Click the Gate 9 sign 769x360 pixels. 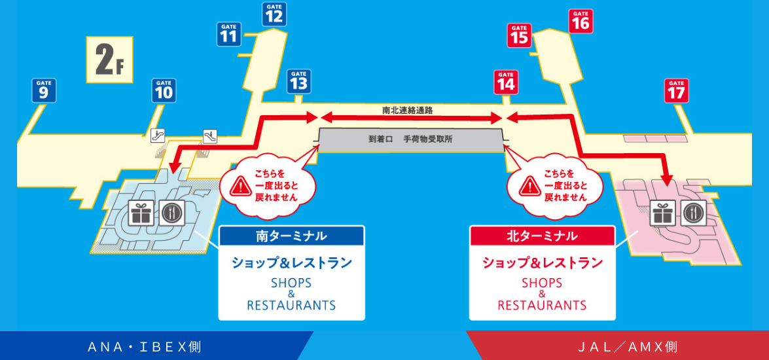coord(44,90)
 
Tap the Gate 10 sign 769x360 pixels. coord(164,90)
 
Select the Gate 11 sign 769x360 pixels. coord(228,34)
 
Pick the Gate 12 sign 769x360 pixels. coord(274,14)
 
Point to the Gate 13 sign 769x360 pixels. coord(298,81)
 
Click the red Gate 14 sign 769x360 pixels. coord(505,82)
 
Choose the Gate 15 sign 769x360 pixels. coord(519,35)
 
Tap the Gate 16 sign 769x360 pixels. coord(581,21)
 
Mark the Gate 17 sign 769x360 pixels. coord(677,90)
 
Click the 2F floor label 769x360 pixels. coord(109,60)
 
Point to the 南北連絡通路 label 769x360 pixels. coord(408,111)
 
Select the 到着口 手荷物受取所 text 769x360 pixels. coord(410,139)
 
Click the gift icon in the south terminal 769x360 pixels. coord(141,212)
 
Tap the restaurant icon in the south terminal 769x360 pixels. coord(171,212)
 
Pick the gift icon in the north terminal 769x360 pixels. coord(662,213)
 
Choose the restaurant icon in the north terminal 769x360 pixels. coord(692,213)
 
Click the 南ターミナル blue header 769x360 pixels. coord(291,236)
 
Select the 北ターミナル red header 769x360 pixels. coord(543,236)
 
